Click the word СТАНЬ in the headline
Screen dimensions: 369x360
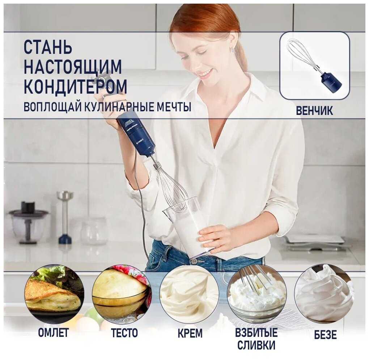pos(48,47)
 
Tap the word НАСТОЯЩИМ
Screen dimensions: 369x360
pos(73,67)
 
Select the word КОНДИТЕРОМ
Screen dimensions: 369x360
pos(75,86)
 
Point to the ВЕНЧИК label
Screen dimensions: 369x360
pos(314,111)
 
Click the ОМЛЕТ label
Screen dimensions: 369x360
pos(54,333)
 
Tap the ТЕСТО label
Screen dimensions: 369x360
pos(124,333)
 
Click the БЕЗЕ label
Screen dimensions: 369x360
pos(325,335)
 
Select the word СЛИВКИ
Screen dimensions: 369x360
pos(256,345)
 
